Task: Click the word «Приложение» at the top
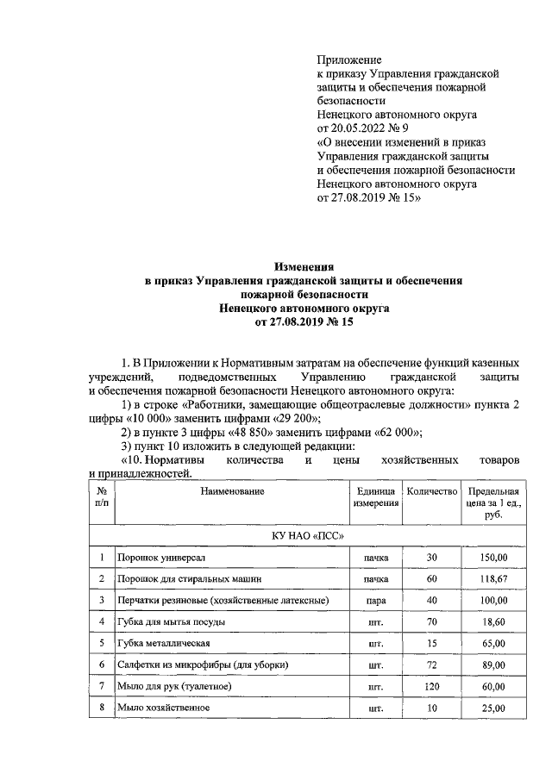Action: click(x=349, y=59)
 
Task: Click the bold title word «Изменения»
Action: click(x=304, y=267)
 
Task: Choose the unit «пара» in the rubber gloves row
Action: click(x=375, y=600)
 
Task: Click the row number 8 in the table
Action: click(x=102, y=708)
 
